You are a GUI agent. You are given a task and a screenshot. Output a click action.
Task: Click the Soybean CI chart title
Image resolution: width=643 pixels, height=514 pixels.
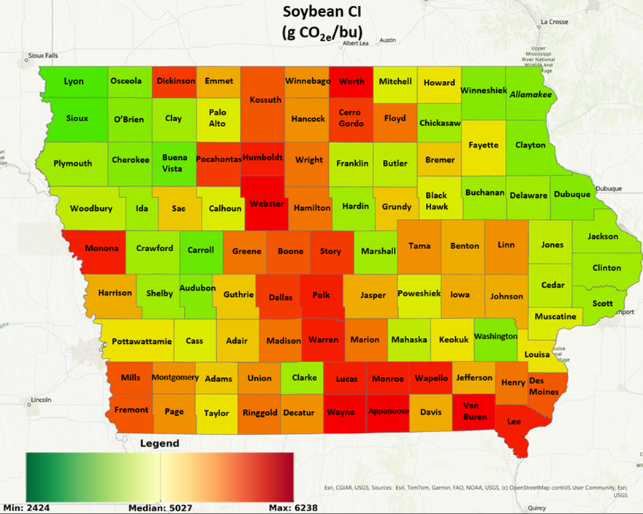point(322,22)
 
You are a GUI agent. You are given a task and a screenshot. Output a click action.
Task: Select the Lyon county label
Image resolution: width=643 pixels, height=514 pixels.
point(74,81)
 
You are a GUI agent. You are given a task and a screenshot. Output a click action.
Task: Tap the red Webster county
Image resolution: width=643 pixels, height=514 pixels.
point(267,204)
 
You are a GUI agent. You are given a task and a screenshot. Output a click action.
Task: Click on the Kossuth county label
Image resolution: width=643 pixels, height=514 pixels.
point(265,100)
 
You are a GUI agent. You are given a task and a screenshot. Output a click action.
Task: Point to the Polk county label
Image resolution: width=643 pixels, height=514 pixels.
point(321,296)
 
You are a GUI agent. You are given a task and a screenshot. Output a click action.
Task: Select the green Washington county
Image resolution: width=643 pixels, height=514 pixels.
point(495,337)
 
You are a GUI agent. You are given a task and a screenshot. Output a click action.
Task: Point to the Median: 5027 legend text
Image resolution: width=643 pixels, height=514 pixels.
point(160,507)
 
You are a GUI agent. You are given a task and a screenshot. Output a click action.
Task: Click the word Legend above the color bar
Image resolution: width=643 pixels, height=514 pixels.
point(159,443)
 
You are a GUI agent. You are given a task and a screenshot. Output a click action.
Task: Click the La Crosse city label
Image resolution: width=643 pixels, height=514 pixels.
point(554,22)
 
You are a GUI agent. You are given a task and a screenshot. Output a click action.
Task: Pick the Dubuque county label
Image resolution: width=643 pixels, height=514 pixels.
point(571,195)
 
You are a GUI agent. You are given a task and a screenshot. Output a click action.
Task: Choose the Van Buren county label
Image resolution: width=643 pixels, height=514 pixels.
point(474,412)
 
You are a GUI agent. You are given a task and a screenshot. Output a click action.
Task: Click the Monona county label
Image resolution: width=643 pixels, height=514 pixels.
point(102,248)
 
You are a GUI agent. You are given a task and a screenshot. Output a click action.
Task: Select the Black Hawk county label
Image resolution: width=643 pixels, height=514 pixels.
point(436,201)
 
